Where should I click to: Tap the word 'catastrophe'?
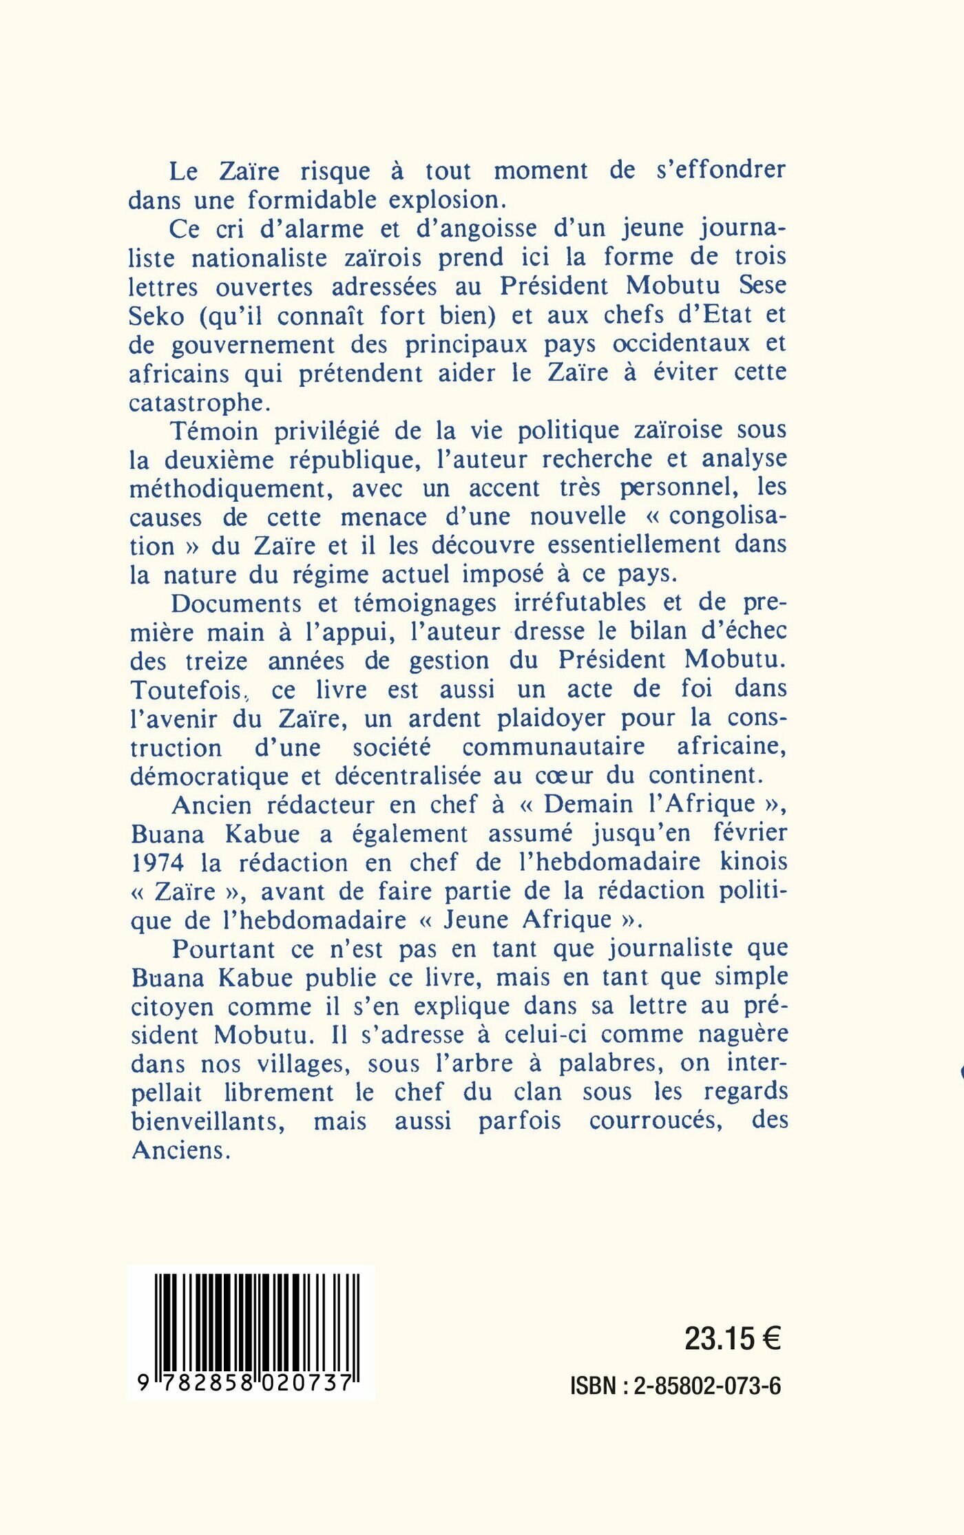click(196, 403)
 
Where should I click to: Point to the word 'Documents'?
click(236, 604)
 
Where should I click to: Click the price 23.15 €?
click(732, 1339)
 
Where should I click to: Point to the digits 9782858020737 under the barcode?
click(246, 1382)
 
